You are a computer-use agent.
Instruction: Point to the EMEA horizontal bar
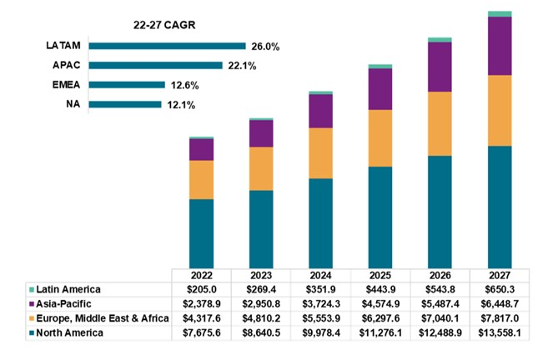[x=126, y=84]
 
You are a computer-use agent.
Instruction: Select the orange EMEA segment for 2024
[x=320, y=152]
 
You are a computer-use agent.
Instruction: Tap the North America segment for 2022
[x=201, y=233]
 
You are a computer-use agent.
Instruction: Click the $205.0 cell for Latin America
[x=201, y=289]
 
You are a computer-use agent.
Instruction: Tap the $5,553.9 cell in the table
[x=320, y=318]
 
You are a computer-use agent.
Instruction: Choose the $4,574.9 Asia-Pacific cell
[x=380, y=304]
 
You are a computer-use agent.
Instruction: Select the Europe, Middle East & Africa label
[x=98, y=318]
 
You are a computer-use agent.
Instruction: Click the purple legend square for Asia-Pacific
[x=31, y=304]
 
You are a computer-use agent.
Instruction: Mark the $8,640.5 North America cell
[x=261, y=333]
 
